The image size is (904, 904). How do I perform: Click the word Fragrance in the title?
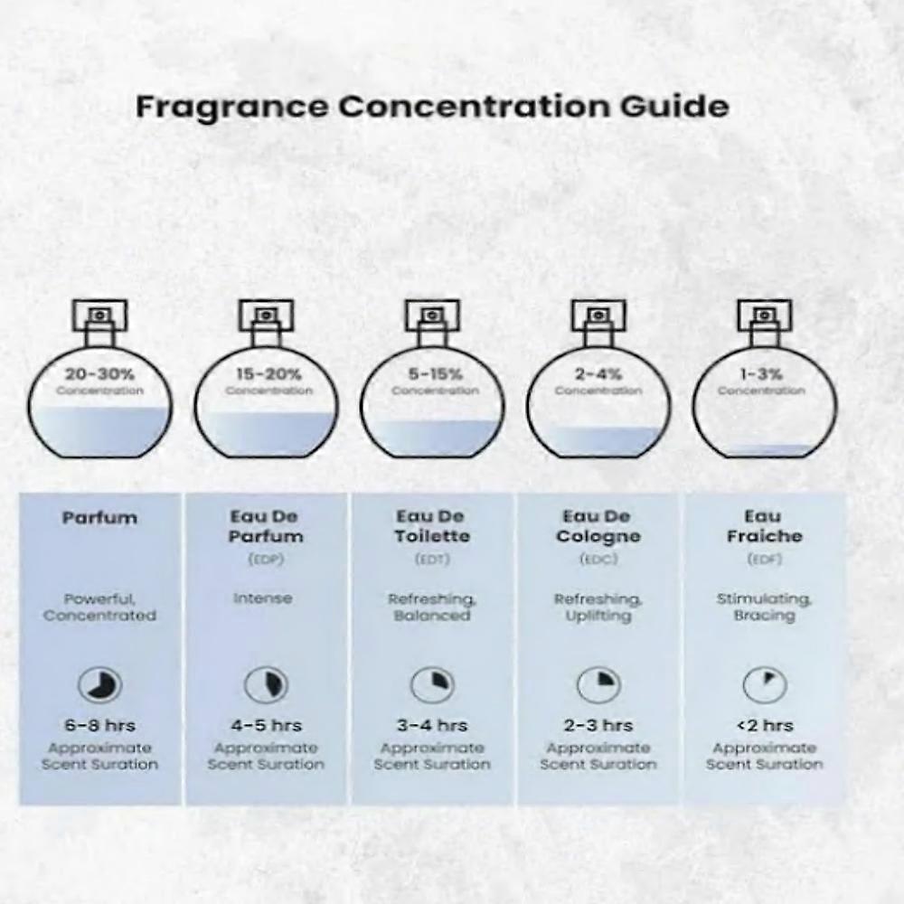pos(231,108)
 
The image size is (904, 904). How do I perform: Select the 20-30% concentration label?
pos(99,374)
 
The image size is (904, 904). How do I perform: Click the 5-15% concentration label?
pos(436,374)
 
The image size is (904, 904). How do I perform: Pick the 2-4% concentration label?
pos(598,374)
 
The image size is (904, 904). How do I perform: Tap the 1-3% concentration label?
pos(761,374)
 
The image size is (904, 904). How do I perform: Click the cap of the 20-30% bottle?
pos(99,315)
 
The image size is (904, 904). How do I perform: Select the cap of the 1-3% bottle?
pos(765,315)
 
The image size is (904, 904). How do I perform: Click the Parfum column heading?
pos(99,518)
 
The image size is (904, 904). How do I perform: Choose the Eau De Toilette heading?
pos(432,526)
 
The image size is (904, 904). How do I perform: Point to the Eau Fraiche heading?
pos(765,526)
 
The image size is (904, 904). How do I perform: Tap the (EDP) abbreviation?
pos(266,560)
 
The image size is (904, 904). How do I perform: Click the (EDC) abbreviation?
pos(598,560)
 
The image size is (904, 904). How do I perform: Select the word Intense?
pos(263,598)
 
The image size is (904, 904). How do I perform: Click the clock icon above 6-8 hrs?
pos(99,685)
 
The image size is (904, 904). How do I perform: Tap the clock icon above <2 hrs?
pos(765,685)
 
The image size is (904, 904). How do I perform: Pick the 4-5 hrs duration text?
pos(267,725)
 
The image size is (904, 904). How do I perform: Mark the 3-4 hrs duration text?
pos(432,725)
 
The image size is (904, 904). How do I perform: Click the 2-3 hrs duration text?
pos(598,725)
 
